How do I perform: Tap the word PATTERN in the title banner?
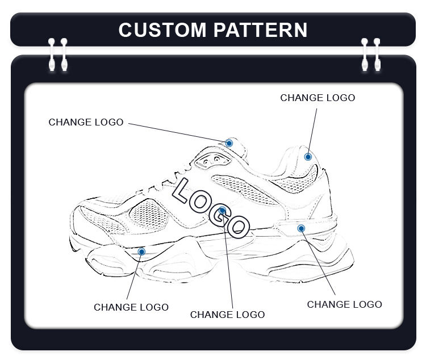tap(261, 30)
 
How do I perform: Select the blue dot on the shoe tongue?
tap(229, 143)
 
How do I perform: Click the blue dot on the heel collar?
tap(308, 157)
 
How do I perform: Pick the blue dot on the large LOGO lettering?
tap(223, 211)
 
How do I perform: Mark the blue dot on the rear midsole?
tap(301, 228)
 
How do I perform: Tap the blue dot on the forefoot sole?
tap(141, 251)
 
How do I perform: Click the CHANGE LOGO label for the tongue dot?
tap(86, 122)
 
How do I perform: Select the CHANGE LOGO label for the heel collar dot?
tap(318, 98)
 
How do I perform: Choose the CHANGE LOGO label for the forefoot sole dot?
tap(131, 307)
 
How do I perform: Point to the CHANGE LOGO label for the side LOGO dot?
tap(227, 315)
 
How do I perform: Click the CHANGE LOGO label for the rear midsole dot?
tap(344, 304)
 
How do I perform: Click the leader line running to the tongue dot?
tap(176, 132)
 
